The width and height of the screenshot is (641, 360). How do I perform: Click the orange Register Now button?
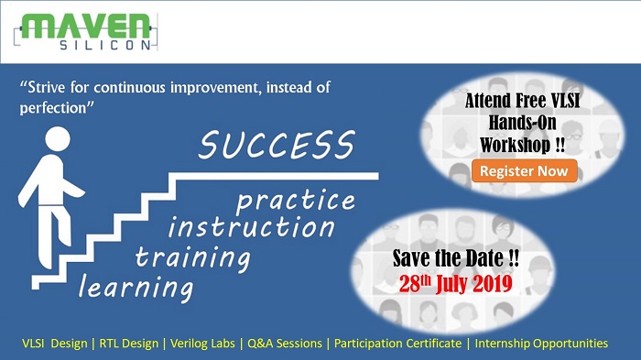coord(524,170)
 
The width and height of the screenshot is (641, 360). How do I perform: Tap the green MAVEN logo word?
coord(86,27)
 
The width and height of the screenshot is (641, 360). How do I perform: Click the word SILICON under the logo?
coord(105,45)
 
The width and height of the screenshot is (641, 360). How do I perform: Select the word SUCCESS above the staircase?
coord(277,145)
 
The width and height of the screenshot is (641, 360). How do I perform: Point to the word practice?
coord(296,201)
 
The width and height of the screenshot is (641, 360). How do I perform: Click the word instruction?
coord(252,227)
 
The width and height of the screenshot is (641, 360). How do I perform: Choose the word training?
coord(192,258)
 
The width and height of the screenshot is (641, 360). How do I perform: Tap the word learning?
coord(136,288)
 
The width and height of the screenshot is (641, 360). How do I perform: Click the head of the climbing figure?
coord(58,138)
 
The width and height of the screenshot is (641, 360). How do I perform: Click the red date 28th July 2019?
coord(456,283)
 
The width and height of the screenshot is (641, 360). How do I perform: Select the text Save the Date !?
coord(456,258)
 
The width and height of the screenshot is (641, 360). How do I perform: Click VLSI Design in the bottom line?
coord(55,344)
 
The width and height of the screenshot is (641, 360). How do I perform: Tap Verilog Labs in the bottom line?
coord(202,344)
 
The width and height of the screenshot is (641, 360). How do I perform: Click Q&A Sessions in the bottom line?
coord(285,344)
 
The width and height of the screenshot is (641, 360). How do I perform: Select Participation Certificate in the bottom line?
coord(397,344)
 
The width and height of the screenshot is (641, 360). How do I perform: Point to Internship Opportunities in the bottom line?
coord(541,344)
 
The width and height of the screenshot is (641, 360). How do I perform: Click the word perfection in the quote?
coord(53,108)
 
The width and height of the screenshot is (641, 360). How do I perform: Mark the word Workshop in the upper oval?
coord(516,145)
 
